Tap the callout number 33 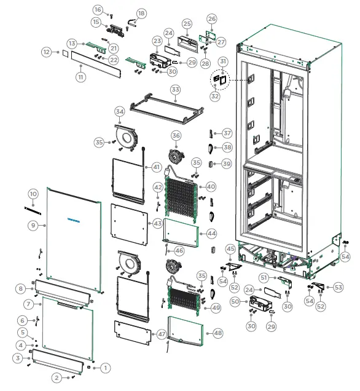coord(176,90)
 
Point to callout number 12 coord(46,53)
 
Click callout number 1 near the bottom coord(105,368)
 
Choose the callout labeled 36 coord(176,135)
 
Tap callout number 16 coord(98,10)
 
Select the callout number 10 coord(33,194)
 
